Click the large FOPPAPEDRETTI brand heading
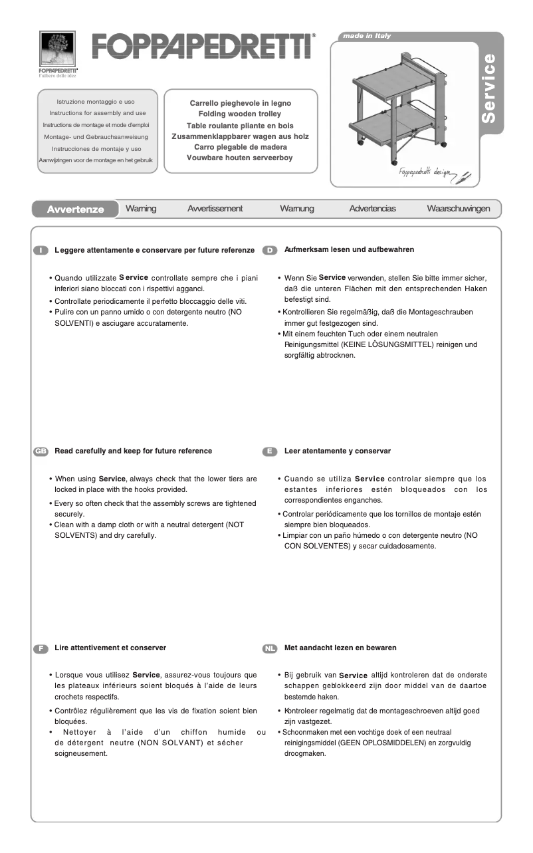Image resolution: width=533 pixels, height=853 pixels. tap(203, 47)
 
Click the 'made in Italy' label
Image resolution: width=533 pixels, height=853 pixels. tap(367, 36)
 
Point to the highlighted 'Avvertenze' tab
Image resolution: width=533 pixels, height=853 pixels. tap(75, 209)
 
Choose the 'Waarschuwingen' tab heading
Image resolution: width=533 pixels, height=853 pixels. tap(458, 209)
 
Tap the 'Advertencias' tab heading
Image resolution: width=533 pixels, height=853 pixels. tap(372, 209)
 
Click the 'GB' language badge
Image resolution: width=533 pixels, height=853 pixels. tap(41, 451)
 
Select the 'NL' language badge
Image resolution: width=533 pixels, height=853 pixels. tap(269, 648)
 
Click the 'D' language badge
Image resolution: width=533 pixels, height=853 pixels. tap(269, 250)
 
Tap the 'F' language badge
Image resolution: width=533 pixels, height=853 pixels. tap(41, 648)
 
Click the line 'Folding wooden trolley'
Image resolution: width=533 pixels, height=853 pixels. tap(240, 114)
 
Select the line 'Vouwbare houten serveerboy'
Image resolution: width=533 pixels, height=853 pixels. tap(240, 158)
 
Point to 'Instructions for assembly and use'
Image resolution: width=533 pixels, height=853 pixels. tap(98, 113)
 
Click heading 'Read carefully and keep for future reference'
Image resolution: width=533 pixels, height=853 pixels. tap(133, 451)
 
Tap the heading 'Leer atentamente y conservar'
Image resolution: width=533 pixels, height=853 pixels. tap(337, 451)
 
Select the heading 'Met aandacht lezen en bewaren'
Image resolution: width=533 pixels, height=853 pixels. tap(340, 648)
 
